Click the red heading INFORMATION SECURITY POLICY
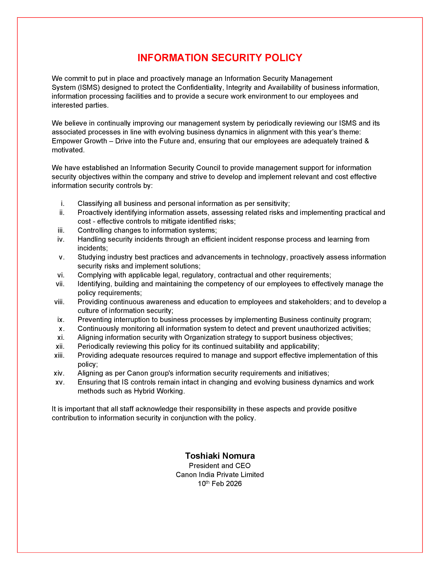tap(220, 58)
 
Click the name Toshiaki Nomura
tap(220, 456)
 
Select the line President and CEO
tap(220, 466)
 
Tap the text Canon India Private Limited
tap(220, 474)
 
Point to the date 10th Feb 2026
tap(220, 484)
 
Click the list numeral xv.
tap(60, 382)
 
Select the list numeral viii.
tap(59, 302)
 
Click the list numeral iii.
tap(61, 230)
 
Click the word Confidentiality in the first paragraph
tap(199, 87)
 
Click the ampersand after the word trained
tap(366, 141)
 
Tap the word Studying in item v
tap(92, 257)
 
